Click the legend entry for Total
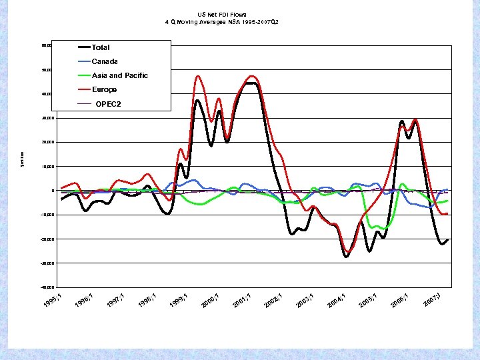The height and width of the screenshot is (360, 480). point(100,47)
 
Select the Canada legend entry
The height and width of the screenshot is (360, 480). point(105,61)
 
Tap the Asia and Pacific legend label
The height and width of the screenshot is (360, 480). point(119,75)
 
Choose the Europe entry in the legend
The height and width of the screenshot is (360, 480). point(104,89)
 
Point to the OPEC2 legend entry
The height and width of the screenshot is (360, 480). point(108,104)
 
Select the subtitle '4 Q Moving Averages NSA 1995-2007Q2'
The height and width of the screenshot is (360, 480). point(221,22)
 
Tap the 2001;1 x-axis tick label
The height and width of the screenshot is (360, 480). point(242,300)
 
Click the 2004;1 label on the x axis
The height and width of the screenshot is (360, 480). point(336,300)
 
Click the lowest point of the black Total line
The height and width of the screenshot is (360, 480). point(346,257)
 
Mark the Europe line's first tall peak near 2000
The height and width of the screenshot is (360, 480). point(198,76)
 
